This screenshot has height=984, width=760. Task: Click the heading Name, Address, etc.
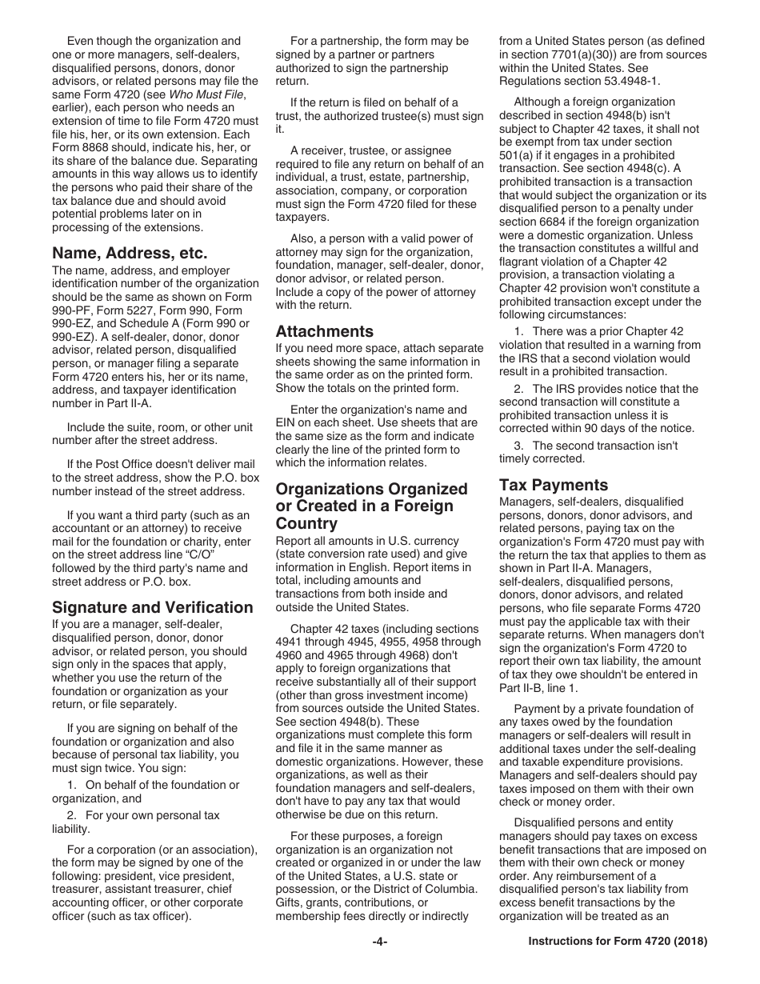[x=130, y=253]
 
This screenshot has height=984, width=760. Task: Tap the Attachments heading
[x=324, y=330]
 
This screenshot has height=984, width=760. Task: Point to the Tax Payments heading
[x=553, y=484]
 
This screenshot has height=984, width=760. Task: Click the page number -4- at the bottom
[x=380, y=942]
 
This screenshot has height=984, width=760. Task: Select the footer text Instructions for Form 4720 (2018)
[x=618, y=942]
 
